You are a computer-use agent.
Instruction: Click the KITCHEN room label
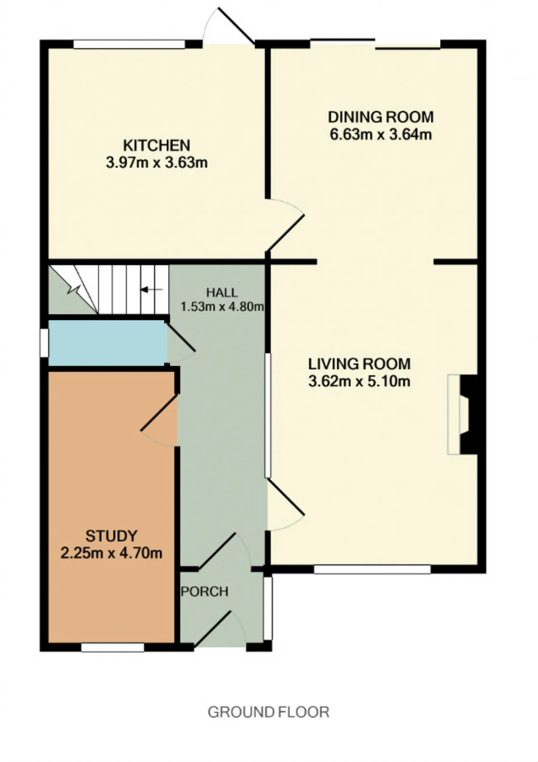click(156, 146)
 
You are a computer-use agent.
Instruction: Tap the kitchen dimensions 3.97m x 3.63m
click(157, 163)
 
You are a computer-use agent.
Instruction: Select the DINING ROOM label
click(381, 117)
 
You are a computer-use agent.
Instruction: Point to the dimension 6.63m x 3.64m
click(381, 135)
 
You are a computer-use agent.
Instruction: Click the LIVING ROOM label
click(359, 364)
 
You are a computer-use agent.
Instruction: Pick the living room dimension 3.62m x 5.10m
click(359, 381)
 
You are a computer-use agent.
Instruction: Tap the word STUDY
click(111, 536)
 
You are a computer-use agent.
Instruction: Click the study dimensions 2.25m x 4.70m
click(111, 553)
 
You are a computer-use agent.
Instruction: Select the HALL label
click(222, 293)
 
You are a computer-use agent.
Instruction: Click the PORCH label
click(205, 592)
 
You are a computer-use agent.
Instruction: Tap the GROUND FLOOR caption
click(269, 712)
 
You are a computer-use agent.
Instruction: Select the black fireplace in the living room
click(469, 414)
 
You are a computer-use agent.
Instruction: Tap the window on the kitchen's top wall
click(129, 44)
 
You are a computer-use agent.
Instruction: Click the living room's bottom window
click(372, 569)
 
